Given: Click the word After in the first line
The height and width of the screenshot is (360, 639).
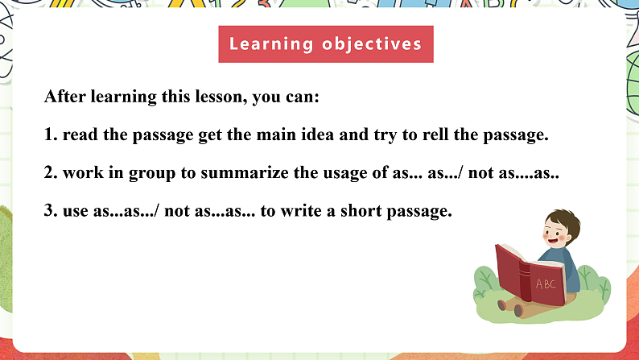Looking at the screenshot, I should (x=64, y=97).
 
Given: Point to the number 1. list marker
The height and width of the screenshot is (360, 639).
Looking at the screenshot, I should (x=51, y=135).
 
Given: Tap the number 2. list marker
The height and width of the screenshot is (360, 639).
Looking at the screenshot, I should (x=51, y=173).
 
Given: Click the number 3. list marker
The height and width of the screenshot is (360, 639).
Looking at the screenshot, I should (x=51, y=212).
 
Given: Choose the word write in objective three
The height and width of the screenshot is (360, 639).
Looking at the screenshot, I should (x=341, y=212).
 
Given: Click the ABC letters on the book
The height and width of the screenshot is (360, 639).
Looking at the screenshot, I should (x=546, y=283).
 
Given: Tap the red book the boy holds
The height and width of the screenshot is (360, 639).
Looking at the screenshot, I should (x=523, y=274).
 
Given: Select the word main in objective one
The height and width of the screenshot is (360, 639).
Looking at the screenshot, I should (x=267, y=135).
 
